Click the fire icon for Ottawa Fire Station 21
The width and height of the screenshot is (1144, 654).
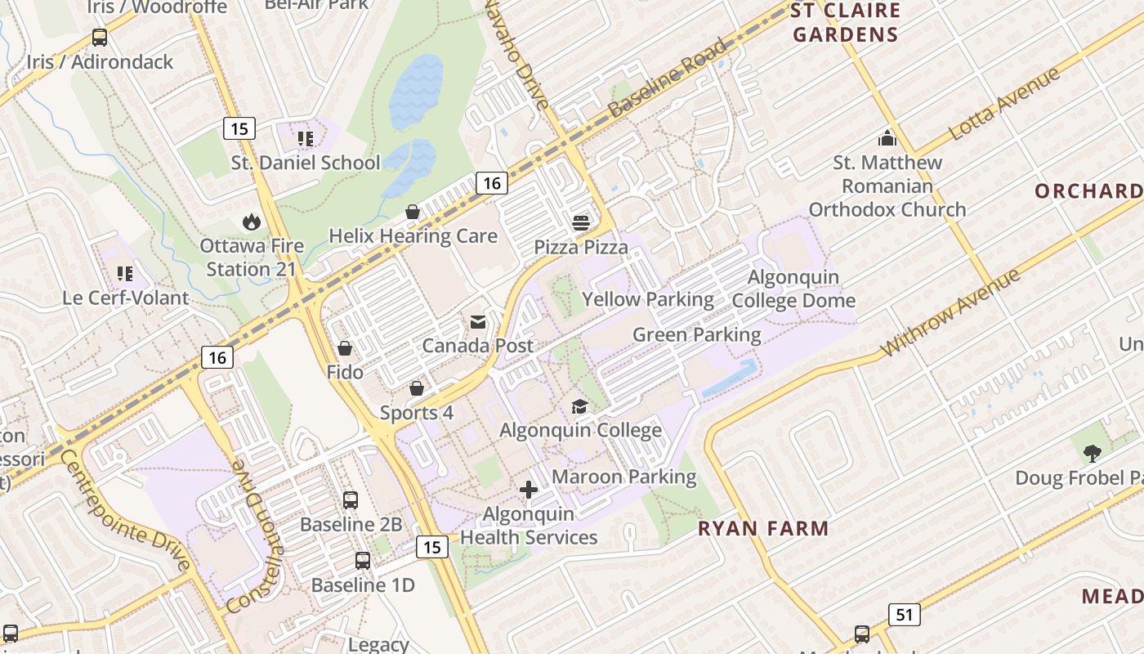point(252,222)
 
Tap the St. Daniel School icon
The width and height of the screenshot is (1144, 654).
point(306,139)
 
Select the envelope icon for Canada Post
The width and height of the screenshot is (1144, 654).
point(478,322)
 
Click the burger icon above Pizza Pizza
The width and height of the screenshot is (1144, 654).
point(581,223)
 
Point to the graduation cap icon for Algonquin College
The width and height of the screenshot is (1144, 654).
point(579,406)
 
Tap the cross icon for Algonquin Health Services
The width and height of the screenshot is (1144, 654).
point(529,490)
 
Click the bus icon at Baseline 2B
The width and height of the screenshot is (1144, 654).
point(351,499)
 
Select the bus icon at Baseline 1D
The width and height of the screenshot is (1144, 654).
point(363,561)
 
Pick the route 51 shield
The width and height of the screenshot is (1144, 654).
point(904,615)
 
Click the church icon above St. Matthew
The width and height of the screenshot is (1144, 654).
point(887,137)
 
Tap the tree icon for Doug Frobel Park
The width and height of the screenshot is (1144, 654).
point(1092,453)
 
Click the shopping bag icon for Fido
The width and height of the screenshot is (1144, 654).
point(345,348)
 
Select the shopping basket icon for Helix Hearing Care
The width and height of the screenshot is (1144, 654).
point(413,212)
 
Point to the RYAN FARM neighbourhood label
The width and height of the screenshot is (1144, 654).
point(763,528)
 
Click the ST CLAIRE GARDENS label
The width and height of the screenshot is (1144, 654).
point(845,22)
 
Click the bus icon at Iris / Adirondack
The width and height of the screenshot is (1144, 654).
point(100,37)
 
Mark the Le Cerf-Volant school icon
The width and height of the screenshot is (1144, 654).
point(125,273)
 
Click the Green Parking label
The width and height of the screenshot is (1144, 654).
point(696,334)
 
